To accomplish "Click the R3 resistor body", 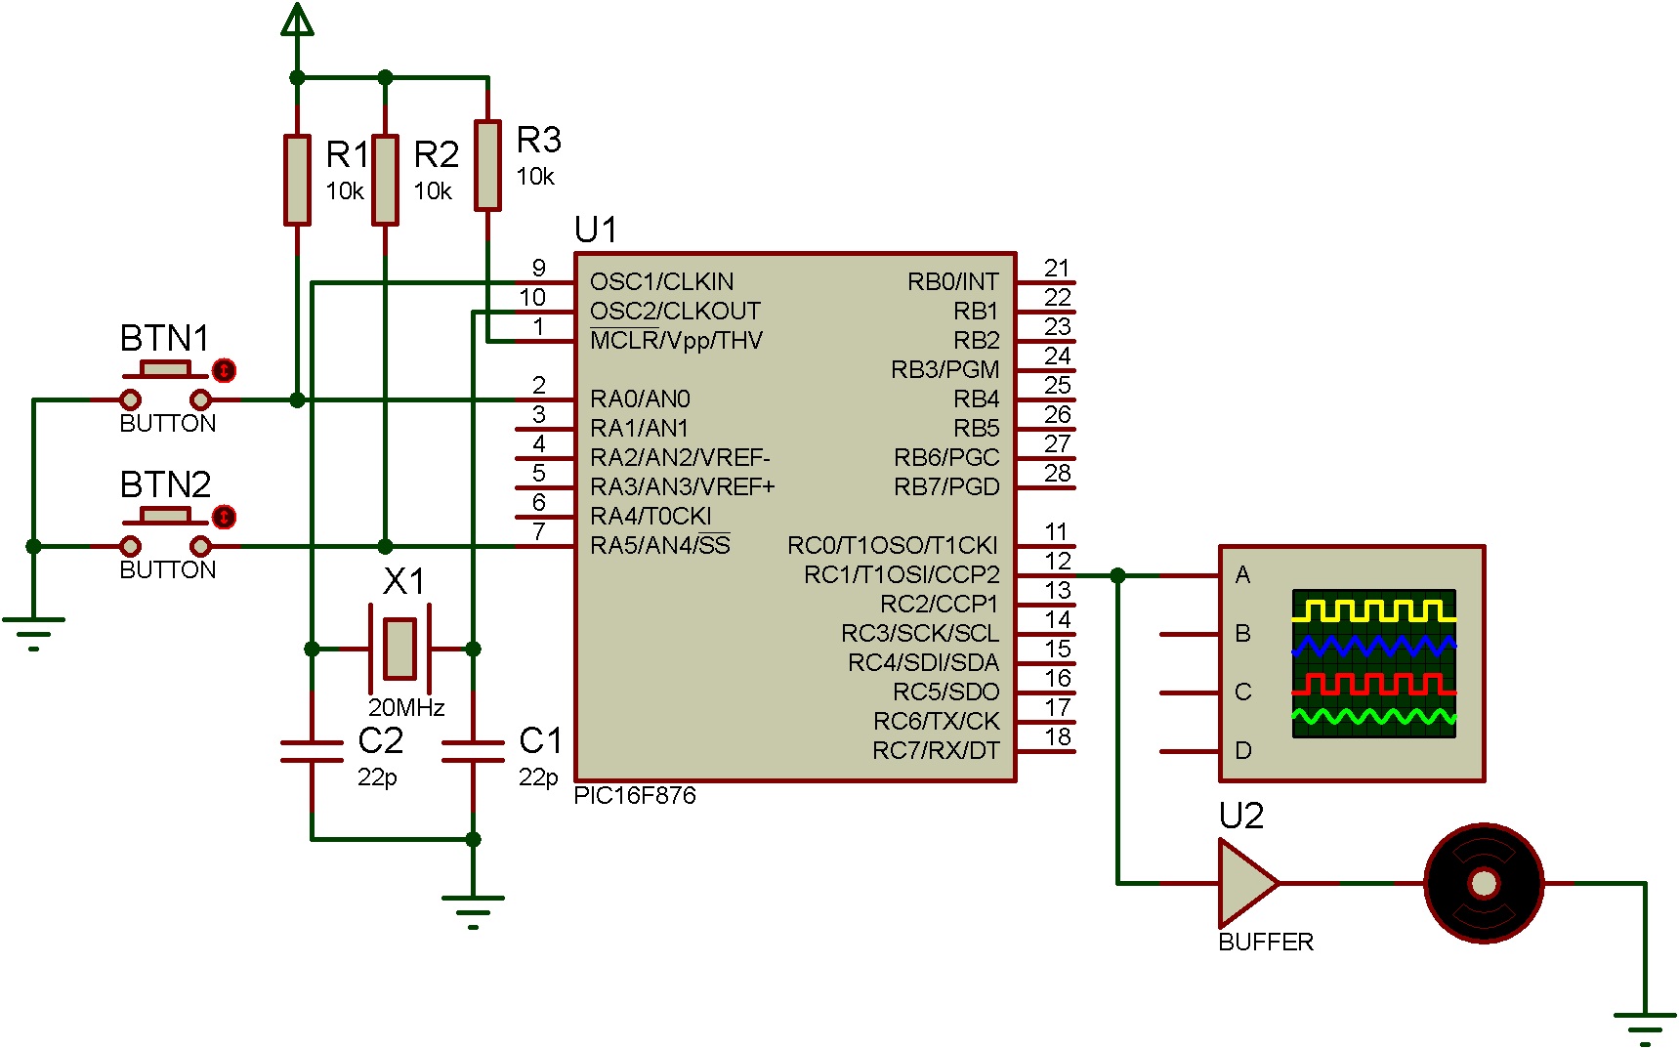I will coord(487,165).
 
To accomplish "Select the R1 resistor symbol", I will coord(297,180).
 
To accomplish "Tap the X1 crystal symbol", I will coord(399,648).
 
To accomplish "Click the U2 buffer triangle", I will coord(1245,883).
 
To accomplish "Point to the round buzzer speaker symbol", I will coord(1483,883).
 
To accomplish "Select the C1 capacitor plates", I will coord(473,750).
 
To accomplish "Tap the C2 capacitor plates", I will coord(312,750).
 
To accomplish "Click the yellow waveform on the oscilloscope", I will coord(1373,611).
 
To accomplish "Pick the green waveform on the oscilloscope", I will coord(1373,719).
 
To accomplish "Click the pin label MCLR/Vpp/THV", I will coord(676,341).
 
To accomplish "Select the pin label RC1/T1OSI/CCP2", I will coord(901,575).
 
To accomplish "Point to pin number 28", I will coord(1057,474).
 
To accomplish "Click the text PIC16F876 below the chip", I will coord(635,796).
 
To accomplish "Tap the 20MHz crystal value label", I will coord(406,707).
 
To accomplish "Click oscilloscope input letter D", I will coord(1242,750).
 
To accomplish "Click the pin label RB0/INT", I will coord(952,282).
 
